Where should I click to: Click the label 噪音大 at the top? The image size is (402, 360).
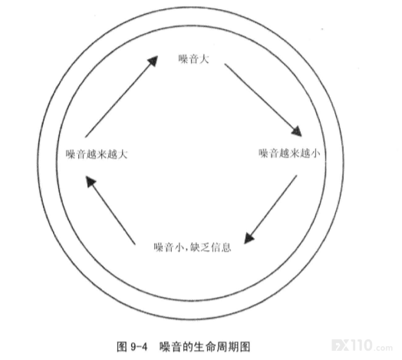(194, 59)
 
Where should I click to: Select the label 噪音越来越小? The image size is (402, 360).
(289, 154)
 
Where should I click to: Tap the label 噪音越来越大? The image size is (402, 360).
(97, 154)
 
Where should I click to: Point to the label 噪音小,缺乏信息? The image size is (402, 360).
(193, 247)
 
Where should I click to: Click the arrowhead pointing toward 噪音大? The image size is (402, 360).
(153, 61)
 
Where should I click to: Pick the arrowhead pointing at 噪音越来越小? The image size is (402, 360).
(297, 131)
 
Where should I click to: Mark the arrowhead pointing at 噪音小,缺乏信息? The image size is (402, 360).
(249, 238)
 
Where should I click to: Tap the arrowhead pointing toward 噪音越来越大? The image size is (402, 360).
(91, 181)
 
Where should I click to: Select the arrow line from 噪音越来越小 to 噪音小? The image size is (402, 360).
(271, 210)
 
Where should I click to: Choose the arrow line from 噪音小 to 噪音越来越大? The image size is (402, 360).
(110, 210)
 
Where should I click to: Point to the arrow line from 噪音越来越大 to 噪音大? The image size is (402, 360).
(121, 96)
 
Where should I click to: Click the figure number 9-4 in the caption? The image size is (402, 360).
(139, 347)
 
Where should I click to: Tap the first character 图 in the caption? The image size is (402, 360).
(121, 347)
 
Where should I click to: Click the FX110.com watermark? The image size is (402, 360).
(362, 345)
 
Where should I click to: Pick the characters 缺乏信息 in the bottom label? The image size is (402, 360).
(211, 247)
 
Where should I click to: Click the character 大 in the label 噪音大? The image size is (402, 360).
(204, 59)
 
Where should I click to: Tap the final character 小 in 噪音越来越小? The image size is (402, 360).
(315, 154)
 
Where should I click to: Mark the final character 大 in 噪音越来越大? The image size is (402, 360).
(123, 154)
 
